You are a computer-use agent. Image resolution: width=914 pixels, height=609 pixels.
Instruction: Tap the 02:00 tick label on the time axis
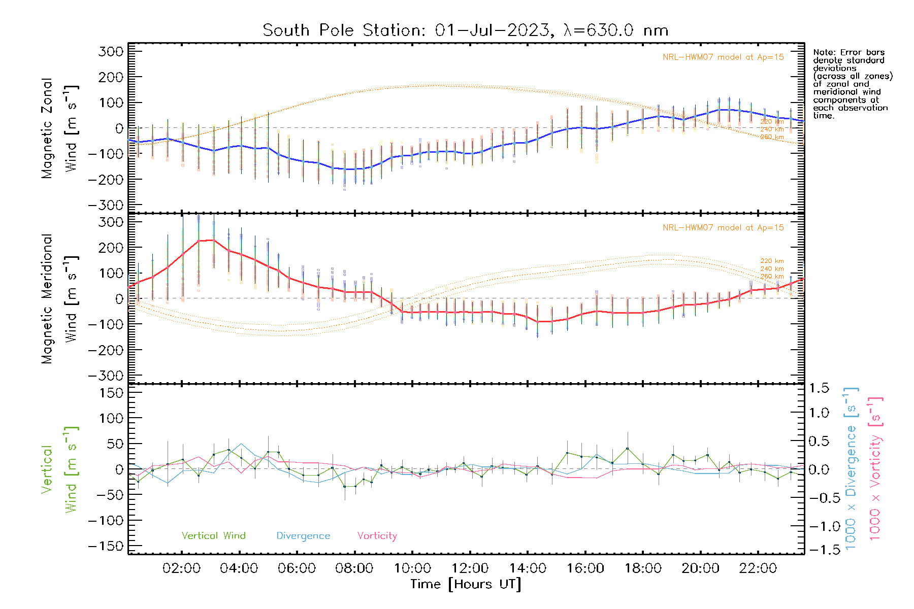(x=181, y=568)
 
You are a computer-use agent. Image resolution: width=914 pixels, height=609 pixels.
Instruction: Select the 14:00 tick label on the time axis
(x=528, y=568)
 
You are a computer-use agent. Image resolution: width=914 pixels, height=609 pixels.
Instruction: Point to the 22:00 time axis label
(x=758, y=568)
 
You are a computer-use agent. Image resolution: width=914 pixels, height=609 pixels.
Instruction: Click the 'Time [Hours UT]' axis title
(x=466, y=584)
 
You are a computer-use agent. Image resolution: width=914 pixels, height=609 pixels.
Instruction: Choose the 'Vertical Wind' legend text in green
(x=213, y=535)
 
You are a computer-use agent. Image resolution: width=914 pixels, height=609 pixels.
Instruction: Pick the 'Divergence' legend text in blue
(x=303, y=535)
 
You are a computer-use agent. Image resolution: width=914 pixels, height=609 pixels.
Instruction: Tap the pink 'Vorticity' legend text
(x=377, y=535)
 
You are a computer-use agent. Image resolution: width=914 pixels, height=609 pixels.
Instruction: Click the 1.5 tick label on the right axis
(x=819, y=388)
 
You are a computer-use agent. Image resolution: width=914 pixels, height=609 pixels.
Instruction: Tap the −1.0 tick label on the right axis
(x=819, y=526)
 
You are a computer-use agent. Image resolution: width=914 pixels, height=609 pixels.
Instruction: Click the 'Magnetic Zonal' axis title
(x=47, y=128)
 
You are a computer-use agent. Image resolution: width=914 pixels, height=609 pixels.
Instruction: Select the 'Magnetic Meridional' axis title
(x=47, y=299)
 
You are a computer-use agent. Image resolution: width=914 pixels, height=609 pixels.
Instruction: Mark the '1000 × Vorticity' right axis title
(x=875, y=468)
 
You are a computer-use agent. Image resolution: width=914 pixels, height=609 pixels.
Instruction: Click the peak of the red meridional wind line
(x=212, y=240)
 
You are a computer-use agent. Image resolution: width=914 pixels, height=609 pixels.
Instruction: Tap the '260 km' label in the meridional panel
(x=772, y=277)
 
